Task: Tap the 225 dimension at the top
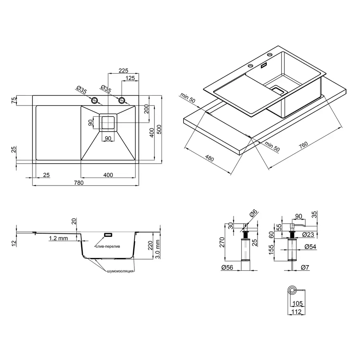click(123, 70)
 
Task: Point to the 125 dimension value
click(130, 78)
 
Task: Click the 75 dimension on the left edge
click(14, 100)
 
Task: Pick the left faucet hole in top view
click(95, 100)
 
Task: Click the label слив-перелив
click(108, 247)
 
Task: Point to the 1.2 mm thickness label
click(58, 238)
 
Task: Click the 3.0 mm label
click(158, 248)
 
